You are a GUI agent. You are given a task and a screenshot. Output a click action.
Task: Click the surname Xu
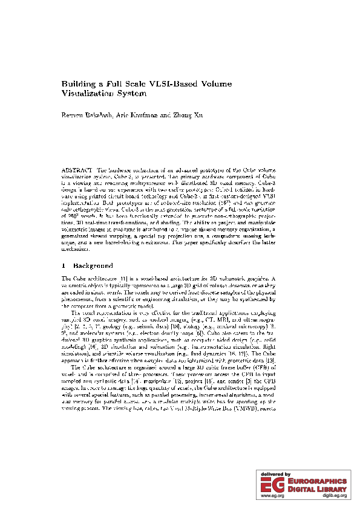tap(200, 114)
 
